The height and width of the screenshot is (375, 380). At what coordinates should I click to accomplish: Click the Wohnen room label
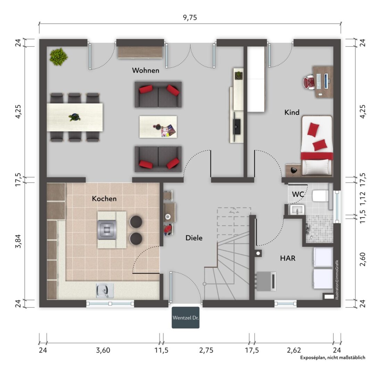pos(146,70)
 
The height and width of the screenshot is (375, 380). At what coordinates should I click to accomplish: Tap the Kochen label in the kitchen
pos(104,199)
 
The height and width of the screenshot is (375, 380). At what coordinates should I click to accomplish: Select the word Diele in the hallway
pos(194,238)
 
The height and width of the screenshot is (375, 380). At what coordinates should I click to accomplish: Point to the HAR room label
pos(288,258)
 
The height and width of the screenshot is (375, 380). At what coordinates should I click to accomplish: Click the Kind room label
pos(292,112)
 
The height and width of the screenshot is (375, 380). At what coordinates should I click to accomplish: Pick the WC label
pos(298,194)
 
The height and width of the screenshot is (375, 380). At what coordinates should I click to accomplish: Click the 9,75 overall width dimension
pos(190,17)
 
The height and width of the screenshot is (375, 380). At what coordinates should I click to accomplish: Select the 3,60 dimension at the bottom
pos(103,350)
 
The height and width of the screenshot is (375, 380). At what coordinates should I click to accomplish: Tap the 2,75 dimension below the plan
pos(206,350)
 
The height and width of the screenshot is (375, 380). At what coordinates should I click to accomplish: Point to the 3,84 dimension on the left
pos(18,241)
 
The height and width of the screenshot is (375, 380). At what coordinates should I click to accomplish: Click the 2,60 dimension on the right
pos(362,259)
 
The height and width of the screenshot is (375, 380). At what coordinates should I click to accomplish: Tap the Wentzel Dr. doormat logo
pos(185,318)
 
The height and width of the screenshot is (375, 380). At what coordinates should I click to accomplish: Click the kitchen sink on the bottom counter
pos(105,291)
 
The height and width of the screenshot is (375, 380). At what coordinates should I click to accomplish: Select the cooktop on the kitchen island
pos(107,230)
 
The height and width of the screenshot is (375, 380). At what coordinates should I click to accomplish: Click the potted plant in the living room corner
pos(58,57)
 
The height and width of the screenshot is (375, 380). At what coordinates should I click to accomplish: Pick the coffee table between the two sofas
pos(158,127)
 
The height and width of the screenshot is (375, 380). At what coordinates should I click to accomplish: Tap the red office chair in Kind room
pos(309,82)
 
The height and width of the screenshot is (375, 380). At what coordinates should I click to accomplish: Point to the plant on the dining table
pos(75,117)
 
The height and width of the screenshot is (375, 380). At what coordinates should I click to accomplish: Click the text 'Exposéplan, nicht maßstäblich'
pos(332,358)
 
